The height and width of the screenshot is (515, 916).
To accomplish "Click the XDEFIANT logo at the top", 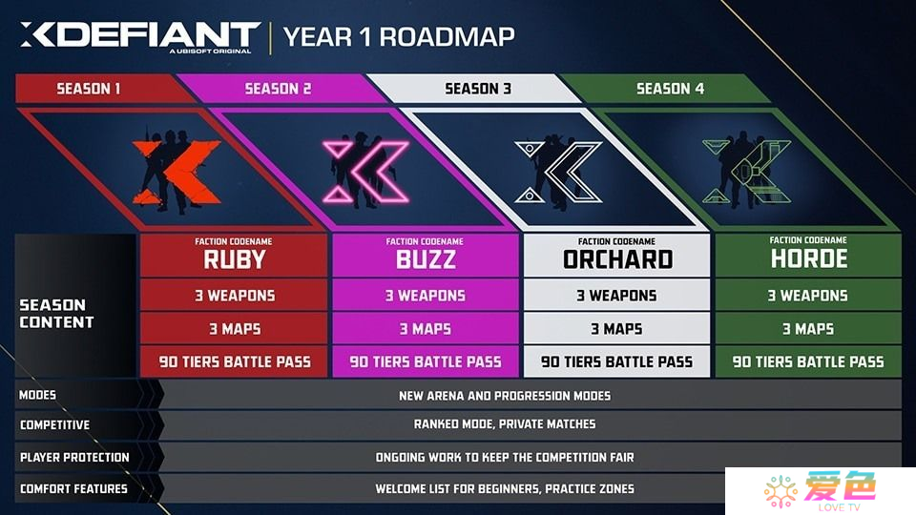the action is coord(140,36).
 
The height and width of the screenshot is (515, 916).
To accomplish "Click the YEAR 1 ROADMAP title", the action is coord(399,37).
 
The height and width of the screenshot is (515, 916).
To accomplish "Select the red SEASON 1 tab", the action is coord(96,89).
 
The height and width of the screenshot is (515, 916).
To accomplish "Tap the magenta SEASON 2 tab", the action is coord(279,89).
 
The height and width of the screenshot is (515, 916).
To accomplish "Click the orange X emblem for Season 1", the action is coord(176,173).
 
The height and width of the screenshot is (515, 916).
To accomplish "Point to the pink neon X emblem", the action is coord(365,172).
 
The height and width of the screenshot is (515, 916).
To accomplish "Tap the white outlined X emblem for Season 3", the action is coord(558,172).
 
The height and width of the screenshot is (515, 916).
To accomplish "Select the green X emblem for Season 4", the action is coord(746,172).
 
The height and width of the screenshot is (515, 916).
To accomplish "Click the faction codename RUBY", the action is coord(234,259).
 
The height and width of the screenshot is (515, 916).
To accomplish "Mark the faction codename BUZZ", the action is coord(426,259).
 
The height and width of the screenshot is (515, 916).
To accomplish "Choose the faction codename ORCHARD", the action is coord(617,259).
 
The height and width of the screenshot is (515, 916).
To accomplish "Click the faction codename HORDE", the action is coord(808,258).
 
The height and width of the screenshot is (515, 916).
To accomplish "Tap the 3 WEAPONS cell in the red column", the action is coord(234,296).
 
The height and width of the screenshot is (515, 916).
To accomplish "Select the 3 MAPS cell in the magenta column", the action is coord(426,329).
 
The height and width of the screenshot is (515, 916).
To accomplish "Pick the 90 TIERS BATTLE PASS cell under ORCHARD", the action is coord(617,362).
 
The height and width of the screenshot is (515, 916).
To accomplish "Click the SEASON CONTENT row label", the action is coord(56,314).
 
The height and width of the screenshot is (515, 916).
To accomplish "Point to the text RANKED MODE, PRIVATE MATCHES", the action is coord(505,424).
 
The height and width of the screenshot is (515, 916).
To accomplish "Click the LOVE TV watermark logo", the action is coord(821,491).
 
